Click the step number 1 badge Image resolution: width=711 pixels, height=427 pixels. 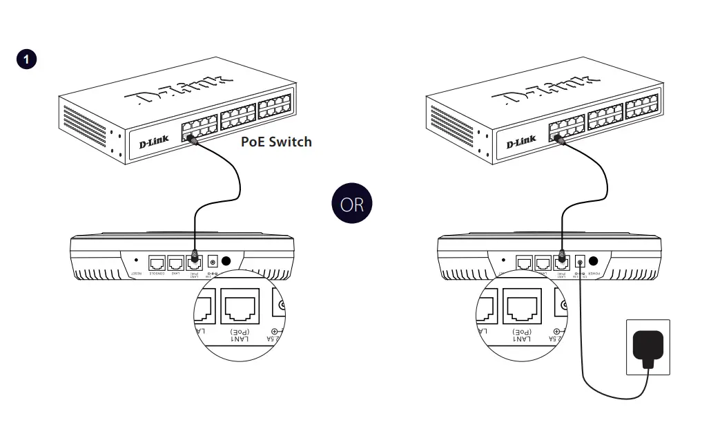(x=26, y=59)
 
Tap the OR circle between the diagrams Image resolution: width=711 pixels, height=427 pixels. (x=352, y=205)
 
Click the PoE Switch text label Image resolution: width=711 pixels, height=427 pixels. (x=276, y=142)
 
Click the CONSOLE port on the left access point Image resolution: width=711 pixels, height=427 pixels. (x=157, y=263)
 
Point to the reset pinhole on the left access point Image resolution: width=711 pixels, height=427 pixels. (x=136, y=261)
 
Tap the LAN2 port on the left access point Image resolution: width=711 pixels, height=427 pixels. (x=176, y=263)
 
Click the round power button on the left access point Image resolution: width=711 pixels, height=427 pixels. (x=226, y=261)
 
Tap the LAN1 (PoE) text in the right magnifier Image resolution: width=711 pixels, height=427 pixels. (x=523, y=336)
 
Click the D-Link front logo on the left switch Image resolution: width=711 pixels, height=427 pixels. (x=153, y=141)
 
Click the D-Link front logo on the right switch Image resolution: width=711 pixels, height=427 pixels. (x=521, y=141)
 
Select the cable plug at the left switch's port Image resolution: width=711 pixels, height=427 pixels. (x=192, y=139)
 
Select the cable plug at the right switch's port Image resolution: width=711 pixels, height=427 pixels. (x=560, y=139)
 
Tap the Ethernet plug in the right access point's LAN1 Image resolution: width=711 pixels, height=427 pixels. (x=562, y=259)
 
